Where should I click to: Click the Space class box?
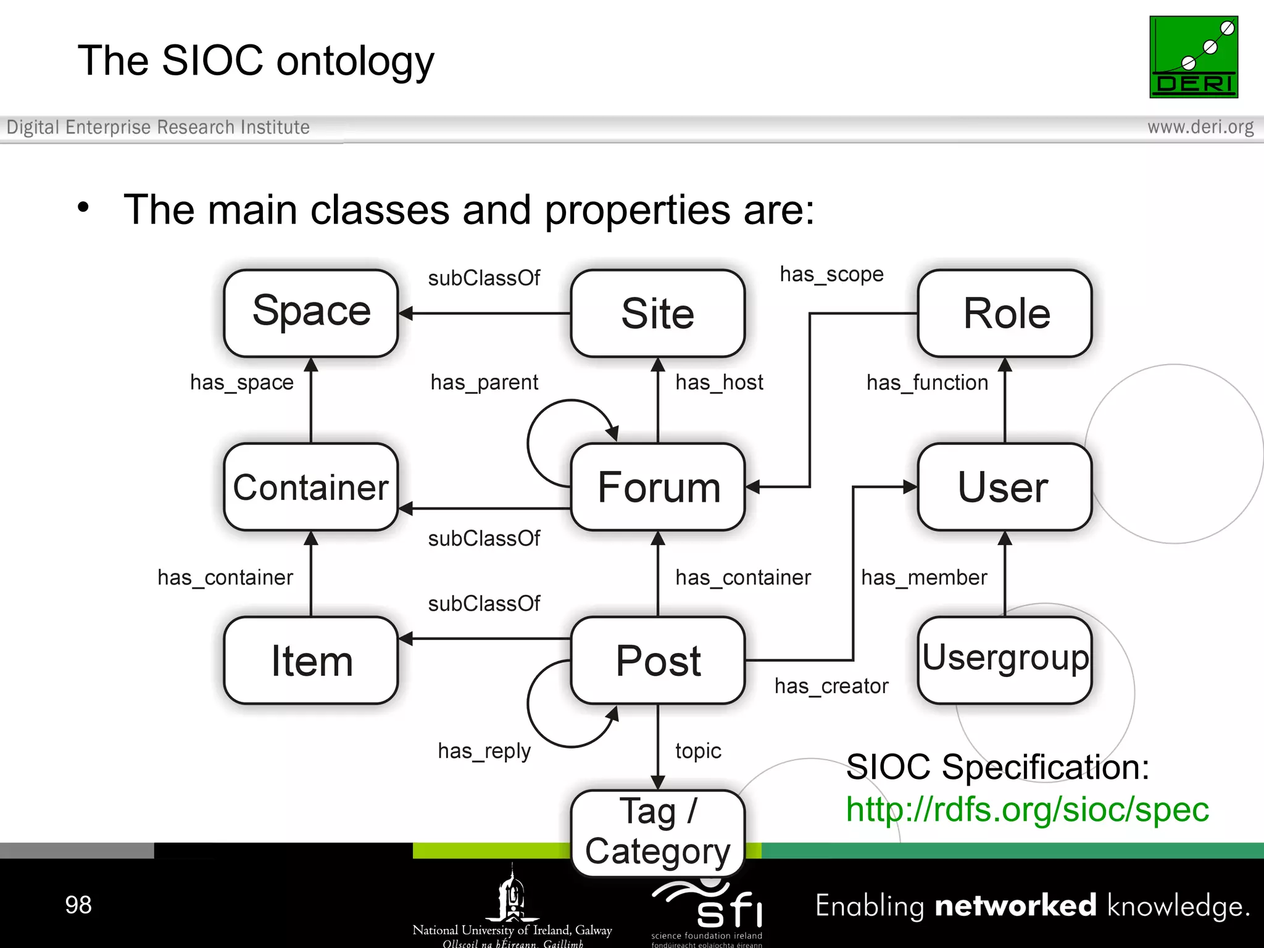[310, 313]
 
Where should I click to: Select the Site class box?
[657, 313]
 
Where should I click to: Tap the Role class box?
[1005, 313]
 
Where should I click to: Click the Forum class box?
[657, 487]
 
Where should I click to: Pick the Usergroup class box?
[1005, 659]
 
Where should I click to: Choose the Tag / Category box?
[657, 832]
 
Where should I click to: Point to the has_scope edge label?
[831, 274]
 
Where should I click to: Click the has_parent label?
[484, 383]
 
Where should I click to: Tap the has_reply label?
[484, 751]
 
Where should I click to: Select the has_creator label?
[831, 686]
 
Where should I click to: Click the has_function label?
[927, 383]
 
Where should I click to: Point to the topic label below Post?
[698, 751]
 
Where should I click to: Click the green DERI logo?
[1193, 57]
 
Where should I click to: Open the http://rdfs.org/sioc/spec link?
[1026, 809]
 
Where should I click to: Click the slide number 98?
[78, 905]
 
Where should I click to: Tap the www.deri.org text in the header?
[1200, 127]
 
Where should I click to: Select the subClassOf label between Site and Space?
[484, 278]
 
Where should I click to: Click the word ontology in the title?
[355, 62]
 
